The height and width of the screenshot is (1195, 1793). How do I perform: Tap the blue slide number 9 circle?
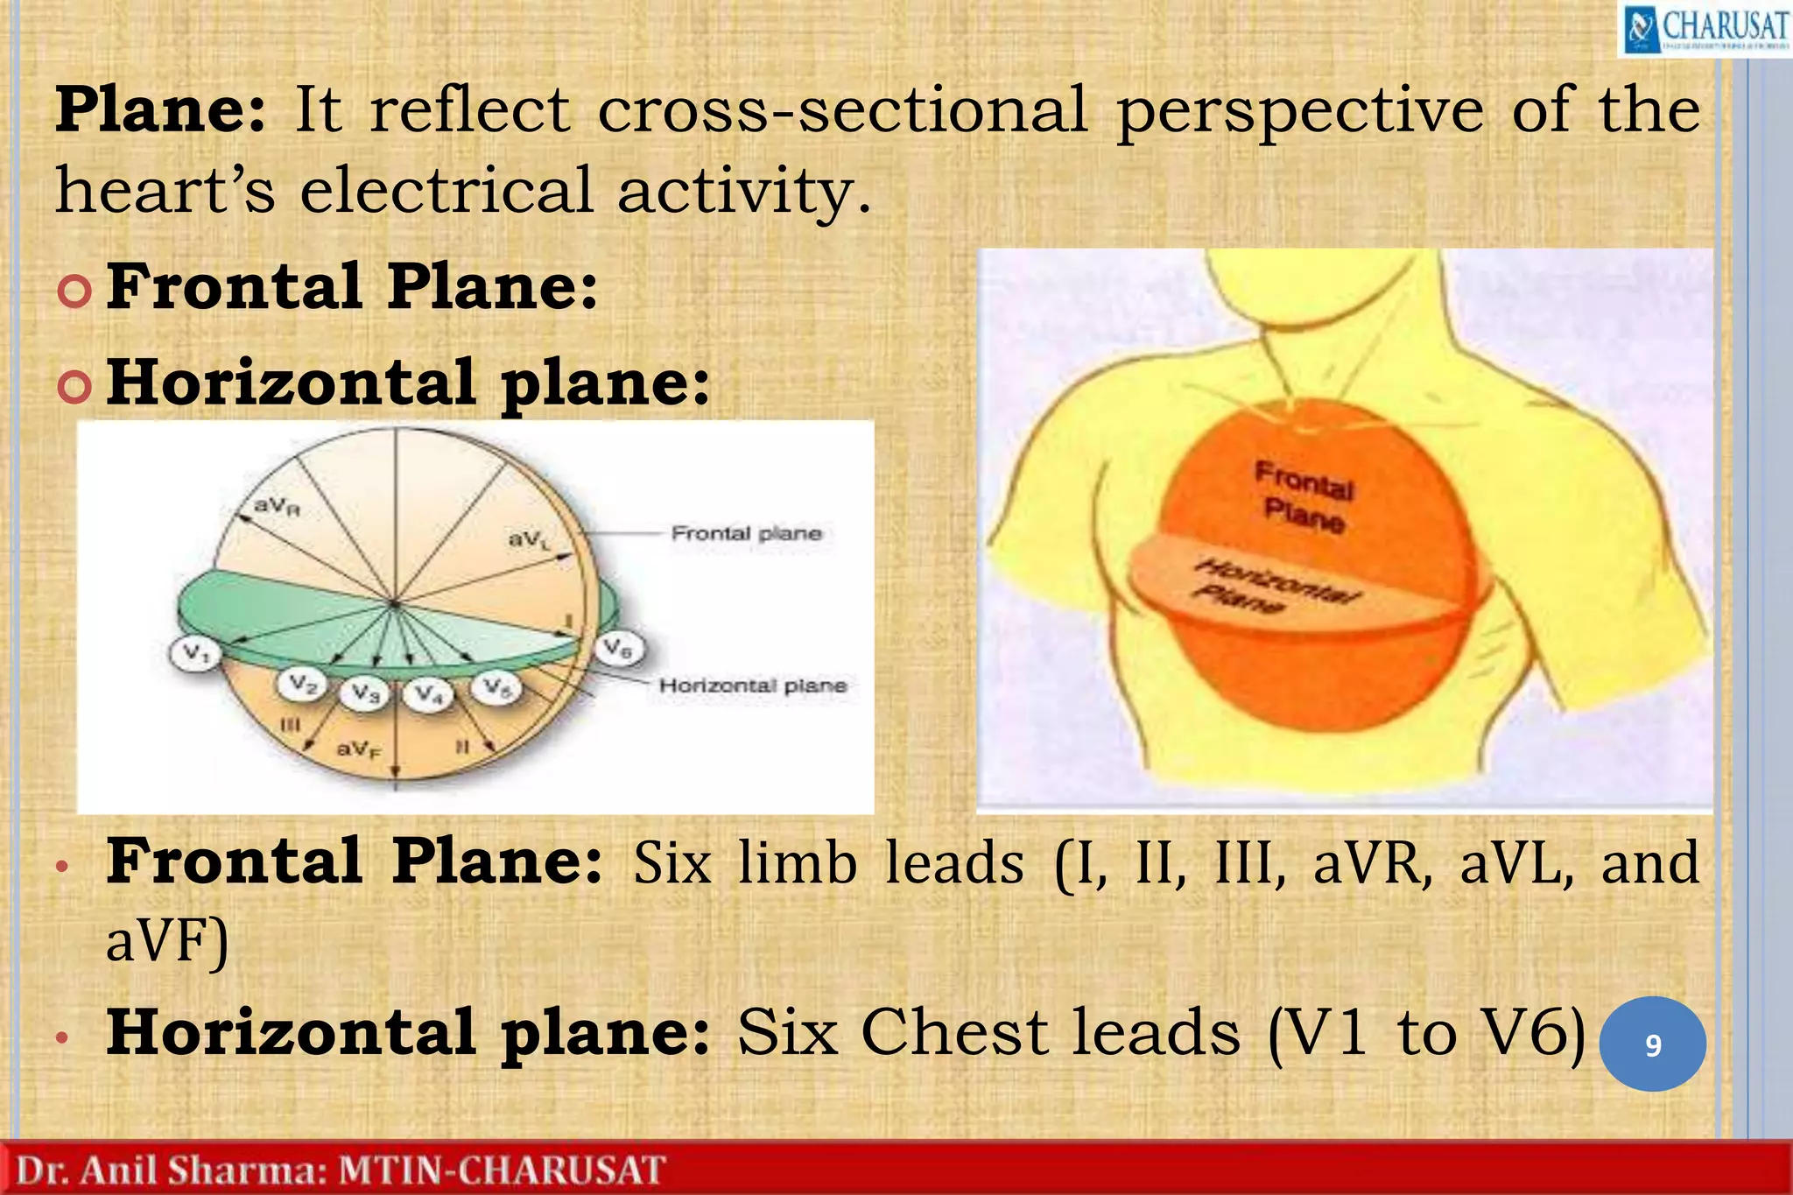[1652, 1044]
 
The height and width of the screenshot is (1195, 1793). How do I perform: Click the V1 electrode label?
[194, 653]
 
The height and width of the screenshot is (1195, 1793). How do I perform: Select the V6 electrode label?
[619, 649]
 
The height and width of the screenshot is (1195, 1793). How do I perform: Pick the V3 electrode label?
[365, 693]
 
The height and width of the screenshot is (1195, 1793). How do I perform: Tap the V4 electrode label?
[428, 694]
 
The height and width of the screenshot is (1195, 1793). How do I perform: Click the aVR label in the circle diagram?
[277, 506]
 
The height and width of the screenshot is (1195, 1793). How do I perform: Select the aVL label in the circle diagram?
[529, 539]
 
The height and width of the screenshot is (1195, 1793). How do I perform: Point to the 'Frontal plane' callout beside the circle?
[746, 533]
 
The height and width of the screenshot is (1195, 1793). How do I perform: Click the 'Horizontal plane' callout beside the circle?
[753, 685]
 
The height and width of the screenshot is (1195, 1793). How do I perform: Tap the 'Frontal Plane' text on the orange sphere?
[1304, 497]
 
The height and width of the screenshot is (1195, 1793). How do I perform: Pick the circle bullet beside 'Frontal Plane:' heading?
[74, 290]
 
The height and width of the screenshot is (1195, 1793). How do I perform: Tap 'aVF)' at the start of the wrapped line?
[166, 941]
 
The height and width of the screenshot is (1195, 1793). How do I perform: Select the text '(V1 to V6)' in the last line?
[1427, 1033]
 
